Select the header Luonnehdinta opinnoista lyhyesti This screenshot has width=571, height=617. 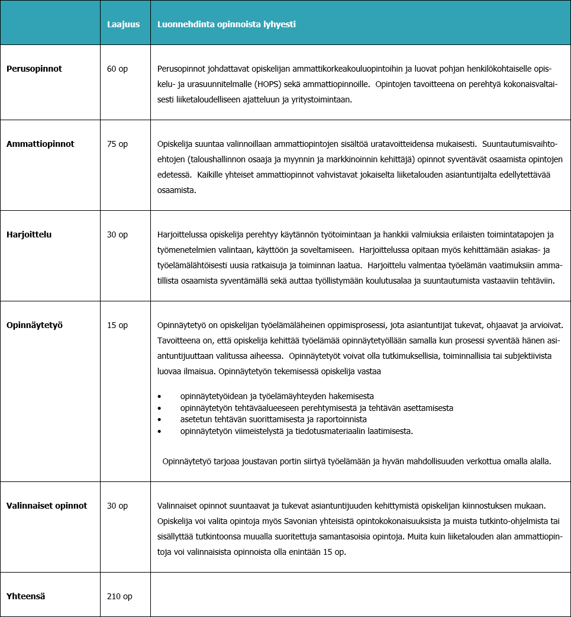(x=227, y=24)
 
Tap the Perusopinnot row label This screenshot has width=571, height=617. (x=34, y=69)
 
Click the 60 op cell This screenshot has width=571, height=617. (x=117, y=69)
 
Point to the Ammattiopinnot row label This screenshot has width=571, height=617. (x=40, y=144)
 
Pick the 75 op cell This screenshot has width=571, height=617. (x=117, y=144)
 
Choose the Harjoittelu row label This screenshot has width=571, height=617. (x=29, y=234)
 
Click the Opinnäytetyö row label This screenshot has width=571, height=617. (x=34, y=325)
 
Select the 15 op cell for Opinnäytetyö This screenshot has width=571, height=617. (x=117, y=325)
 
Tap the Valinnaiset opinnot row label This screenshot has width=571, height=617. (x=47, y=506)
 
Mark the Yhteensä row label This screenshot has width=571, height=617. (x=26, y=596)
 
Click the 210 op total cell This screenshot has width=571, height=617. (x=120, y=596)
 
